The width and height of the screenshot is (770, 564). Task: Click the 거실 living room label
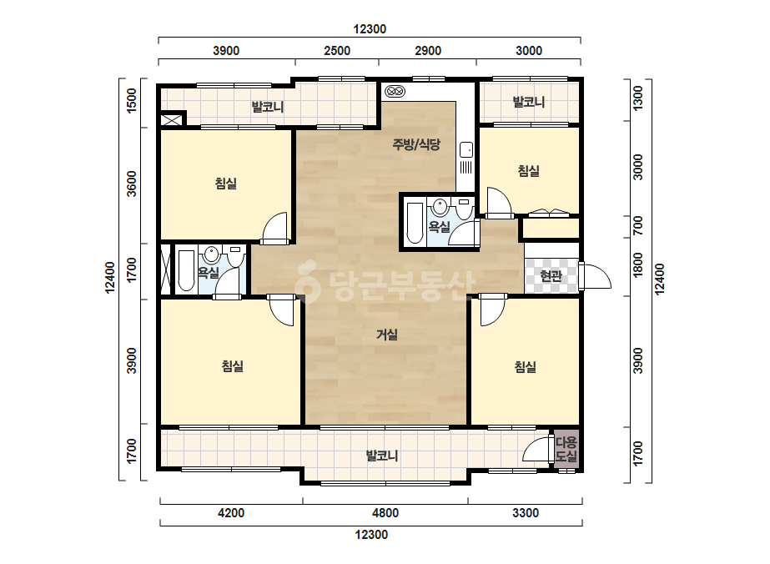(x=387, y=335)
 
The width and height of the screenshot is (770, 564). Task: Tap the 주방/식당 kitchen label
(x=416, y=144)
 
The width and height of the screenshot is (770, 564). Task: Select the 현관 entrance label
(x=551, y=276)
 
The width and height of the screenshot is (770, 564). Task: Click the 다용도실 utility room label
(x=566, y=449)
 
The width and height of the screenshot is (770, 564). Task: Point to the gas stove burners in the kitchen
(x=395, y=92)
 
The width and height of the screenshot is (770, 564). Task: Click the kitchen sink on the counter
(x=466, y=149)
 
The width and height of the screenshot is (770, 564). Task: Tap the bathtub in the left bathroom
(x=186, y=270)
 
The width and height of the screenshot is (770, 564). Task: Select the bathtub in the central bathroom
(x=415, y=223)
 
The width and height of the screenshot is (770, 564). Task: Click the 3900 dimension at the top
(x=226, y=51)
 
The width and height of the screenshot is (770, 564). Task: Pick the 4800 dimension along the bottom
(x=385, y=513)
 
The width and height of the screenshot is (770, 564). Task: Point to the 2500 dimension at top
(x=337, y=51)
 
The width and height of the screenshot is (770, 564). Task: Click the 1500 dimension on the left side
(x=132, y=101)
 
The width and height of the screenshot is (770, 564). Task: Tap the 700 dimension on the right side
(x=637, y=225)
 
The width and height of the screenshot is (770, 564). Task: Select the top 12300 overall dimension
(x=370, y=29)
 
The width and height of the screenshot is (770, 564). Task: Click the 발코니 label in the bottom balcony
(x=382, y=456)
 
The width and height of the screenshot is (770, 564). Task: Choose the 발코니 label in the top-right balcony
(x=529, y=102)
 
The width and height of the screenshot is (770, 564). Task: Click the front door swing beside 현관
(x=595, y=276)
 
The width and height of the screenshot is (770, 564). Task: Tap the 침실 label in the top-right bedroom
(x=529, y=171)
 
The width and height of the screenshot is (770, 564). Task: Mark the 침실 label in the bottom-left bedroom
(x=233, y=366)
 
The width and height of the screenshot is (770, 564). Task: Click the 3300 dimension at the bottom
(x=526, y=513)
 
